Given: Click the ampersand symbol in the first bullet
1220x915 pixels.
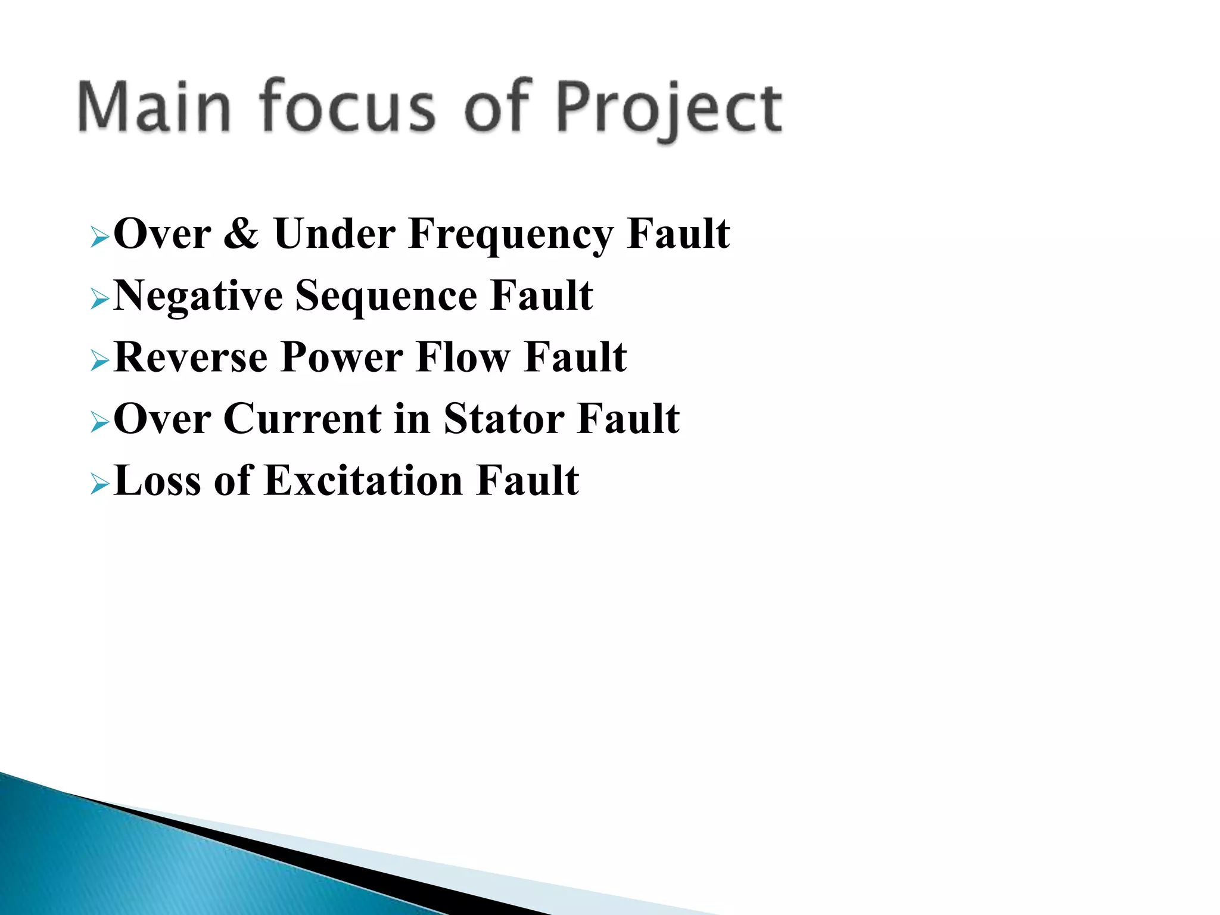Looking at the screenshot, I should point(241,234).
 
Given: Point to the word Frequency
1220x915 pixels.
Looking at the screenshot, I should point(511,235).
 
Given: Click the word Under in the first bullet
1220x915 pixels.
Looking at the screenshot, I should point(334,234).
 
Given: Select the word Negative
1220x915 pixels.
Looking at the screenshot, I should point(198,296).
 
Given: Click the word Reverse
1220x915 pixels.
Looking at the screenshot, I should point(190,357).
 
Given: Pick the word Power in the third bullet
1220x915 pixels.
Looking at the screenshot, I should point(341,357).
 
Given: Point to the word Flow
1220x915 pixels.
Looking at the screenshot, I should point(462,357).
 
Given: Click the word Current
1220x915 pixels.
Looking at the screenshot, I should point(303,419).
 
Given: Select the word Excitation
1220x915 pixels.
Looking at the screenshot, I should point(363,481).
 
